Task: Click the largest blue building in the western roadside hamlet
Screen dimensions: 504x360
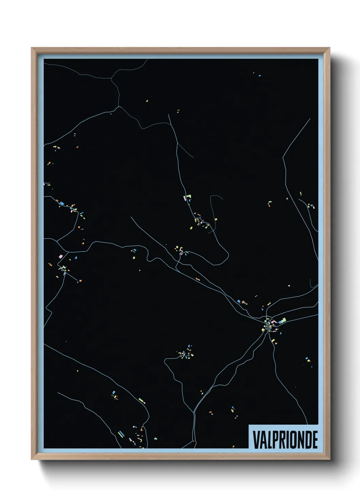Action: click(x=62, y=204)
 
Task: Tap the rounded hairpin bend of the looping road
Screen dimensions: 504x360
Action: click(x=226, y=254)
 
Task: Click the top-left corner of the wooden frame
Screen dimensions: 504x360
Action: click(x=32, y=48)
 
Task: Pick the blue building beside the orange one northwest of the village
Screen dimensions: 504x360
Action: click(x=239, y=301)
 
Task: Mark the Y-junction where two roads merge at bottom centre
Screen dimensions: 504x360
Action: click(x=194, y=412)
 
